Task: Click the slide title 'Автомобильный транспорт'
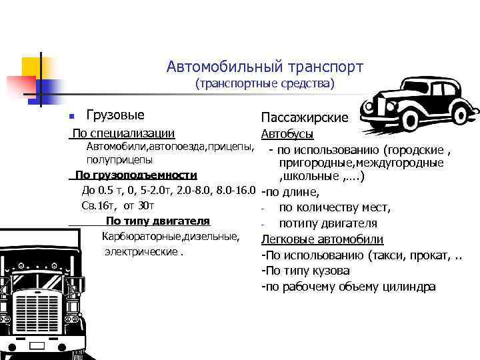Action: click(265, 67)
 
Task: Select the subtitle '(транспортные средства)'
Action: click(265, 85)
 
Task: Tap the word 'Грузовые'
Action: click(115, 115)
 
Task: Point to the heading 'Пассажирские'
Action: click(305, 118)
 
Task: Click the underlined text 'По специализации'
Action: click(123, 134)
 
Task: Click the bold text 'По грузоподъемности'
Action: click(136, 175)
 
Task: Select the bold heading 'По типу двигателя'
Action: click(158, 221)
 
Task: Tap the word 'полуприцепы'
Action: click(119, 160)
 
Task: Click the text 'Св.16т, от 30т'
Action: click(117, 205)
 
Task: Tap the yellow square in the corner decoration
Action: click(31, 67)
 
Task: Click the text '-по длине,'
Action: click(290, 193)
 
